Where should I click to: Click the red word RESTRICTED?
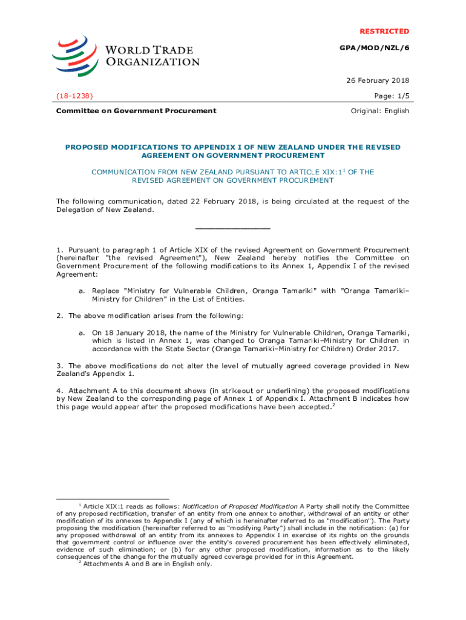click(x=384, y=31)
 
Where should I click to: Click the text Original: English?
click(x=380, y=111)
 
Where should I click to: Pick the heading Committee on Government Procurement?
click(x=136, y=111)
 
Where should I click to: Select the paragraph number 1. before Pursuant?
click(x=60, y=250)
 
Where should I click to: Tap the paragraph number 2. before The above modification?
click(x=60, y=315)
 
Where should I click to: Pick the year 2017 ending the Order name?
click(x=389, y=348)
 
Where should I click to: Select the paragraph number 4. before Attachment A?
click(x=60, y=391)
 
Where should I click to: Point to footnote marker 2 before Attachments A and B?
click(x=80, y=562)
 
